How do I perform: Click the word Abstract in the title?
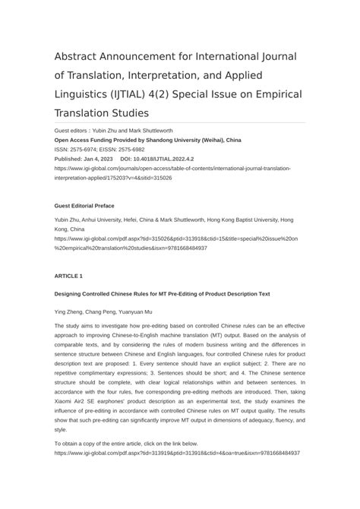coord(78,58)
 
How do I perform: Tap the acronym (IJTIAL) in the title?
coord(147,95)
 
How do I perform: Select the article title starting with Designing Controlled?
coord(162,293)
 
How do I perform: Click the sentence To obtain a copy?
coord(126,443)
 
